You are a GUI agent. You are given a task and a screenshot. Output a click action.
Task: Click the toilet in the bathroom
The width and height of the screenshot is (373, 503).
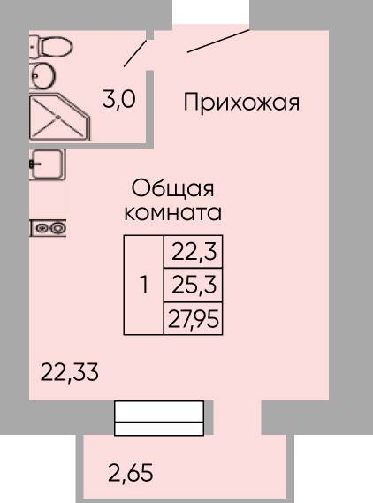50,47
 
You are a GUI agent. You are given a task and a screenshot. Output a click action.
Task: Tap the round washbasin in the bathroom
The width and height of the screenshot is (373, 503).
42,75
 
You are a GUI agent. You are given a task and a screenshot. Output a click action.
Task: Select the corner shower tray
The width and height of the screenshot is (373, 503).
59,118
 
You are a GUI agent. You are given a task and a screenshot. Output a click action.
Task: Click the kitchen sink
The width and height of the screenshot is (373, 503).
48,164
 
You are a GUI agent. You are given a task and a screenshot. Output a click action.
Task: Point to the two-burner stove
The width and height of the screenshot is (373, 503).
48,228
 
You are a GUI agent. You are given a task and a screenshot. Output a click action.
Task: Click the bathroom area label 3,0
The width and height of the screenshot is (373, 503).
119,100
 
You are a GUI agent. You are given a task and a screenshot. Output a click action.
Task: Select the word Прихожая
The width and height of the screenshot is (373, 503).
241,103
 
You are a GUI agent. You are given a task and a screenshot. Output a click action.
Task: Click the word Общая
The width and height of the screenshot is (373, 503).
172,189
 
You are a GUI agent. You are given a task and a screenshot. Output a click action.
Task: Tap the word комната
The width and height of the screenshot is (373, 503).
173,212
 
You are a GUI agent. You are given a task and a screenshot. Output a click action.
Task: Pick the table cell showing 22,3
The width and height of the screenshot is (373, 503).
193,252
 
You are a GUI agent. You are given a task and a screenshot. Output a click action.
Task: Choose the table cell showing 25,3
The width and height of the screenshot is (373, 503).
193,285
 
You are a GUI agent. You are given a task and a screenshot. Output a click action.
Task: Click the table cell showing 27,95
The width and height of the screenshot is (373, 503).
193,318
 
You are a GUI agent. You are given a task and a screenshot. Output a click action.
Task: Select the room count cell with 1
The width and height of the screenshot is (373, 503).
144,286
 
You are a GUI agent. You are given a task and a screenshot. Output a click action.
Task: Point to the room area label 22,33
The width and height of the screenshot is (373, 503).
69,372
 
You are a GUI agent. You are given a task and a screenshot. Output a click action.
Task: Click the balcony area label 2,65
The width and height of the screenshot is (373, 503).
130,473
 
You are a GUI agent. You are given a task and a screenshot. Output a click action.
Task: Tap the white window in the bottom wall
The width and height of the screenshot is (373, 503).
159,418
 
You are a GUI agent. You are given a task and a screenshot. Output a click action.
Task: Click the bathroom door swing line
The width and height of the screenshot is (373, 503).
135,53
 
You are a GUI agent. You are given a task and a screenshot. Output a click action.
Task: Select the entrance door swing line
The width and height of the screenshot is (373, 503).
218,41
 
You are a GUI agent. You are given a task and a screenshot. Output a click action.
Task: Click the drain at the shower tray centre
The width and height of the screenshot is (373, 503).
58,117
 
